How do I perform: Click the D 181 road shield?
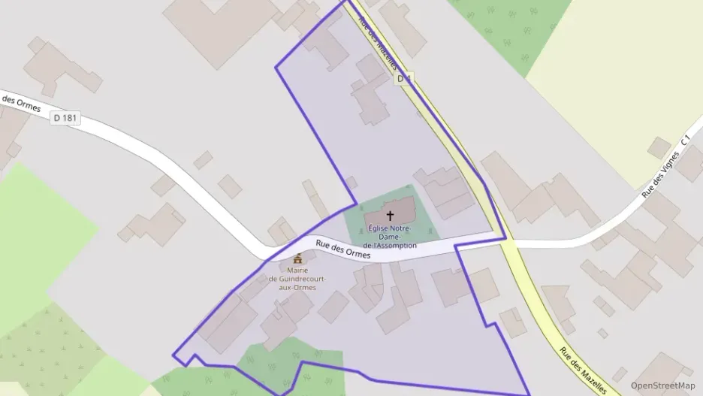tap(66, 119)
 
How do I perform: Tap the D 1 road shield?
tap(405, 78)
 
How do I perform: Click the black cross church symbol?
tap(390, 216)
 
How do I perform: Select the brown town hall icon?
tap(297, 259)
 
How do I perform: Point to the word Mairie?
tap(297, 271)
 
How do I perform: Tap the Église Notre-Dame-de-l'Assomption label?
tap(389, 236)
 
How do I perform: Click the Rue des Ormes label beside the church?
tap(343, 249)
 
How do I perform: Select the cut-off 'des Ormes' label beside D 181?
tap(20, 102)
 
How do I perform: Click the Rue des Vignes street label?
tap(660, 174)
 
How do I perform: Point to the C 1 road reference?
tap(685, 141)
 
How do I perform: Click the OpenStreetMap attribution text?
tap(662, 385)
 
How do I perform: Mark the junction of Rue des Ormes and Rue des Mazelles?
tap(507, 242)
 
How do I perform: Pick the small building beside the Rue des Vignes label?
tap(659, 147)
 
